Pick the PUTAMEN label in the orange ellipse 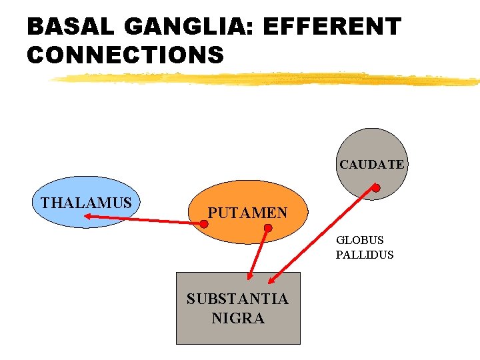pyautogui.click(x=247, y=213)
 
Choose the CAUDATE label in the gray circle pyautogui.click(x=371, y=164)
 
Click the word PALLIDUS pyautogui.click(x=365, y=255)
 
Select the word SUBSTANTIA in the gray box pyautogui.click(x=237, y=299)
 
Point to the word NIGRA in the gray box pyautogui.click(x=238, y=319)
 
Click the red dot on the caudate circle pyautogui.click(x=376, y=189)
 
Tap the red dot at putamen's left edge pyautogui.click(x=204, y=224)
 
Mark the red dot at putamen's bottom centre pyautogui.click(x=267, y=229)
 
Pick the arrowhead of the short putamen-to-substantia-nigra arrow pyautogui.click(x=249, y=275)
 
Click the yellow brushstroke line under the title pyautogui.click(x=267, y=79)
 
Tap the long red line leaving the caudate pyautogui.click(x=327, y=233)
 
